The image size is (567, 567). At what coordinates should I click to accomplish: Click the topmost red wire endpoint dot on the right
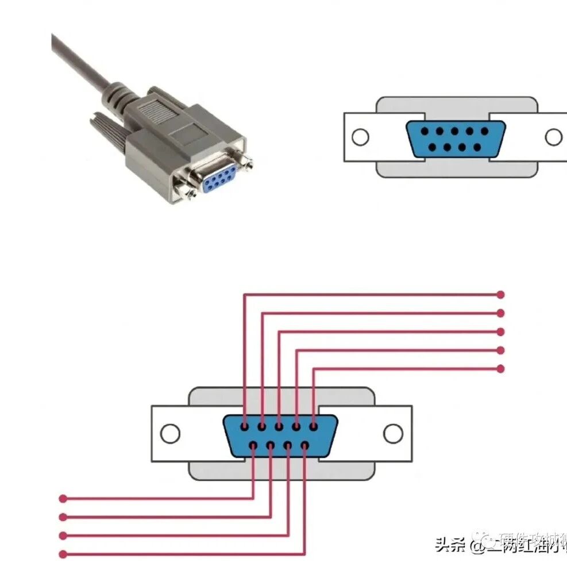coord(500,294)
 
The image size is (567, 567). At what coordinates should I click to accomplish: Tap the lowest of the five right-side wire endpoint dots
coord(500,368)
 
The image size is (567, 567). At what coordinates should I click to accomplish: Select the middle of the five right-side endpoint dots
coord(500,331)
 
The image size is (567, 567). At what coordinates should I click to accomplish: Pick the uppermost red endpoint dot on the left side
coord(63,498)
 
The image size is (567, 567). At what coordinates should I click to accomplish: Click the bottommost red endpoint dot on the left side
coord(63,554)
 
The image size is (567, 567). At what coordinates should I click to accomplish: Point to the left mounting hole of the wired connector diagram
coord(170,433)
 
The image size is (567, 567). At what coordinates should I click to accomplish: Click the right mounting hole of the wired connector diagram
coord(393,433)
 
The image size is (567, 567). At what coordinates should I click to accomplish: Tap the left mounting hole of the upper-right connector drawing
coord(360,137)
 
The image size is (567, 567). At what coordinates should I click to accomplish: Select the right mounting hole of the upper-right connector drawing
coord(554,137)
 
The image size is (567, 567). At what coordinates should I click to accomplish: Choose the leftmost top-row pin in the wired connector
coord(245,427)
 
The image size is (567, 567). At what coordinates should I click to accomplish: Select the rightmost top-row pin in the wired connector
coord(314,427)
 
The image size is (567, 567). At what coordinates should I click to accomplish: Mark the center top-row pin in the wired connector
coord(279,427)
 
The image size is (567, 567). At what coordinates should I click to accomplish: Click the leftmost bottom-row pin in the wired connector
coord(253,445)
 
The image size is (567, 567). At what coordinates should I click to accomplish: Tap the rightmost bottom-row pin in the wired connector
coord(305,445)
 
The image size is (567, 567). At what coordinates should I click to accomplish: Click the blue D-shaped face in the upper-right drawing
coord(456,138)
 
